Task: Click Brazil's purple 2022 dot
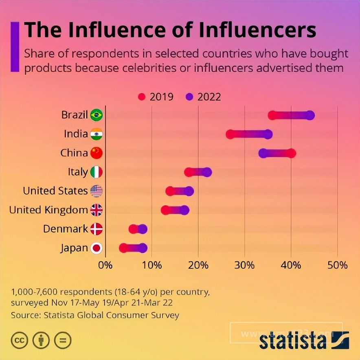pos(310,115)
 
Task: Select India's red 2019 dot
pos(230,134)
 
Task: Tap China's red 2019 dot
pos(291,153)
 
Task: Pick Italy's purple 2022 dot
pos(207,172)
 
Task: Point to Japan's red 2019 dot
pos(123,248)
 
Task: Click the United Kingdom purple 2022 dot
pos(184,210)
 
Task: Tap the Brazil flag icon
pos(97,115)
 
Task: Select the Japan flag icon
pos(97,248)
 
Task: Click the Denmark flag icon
pos(97,229)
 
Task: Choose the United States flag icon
pos(97,191)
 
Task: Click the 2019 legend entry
pos(156,97)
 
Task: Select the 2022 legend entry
pos(204,97)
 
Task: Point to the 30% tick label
pos(244,265)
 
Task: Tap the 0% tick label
pos(105,265)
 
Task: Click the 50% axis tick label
pos(337,265)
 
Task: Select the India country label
pos(76,134)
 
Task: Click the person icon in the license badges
pos(41,340)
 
